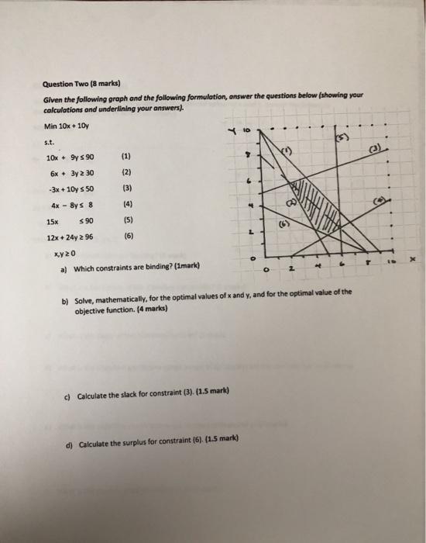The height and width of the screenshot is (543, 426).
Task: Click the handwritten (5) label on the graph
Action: click(342, 137)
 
